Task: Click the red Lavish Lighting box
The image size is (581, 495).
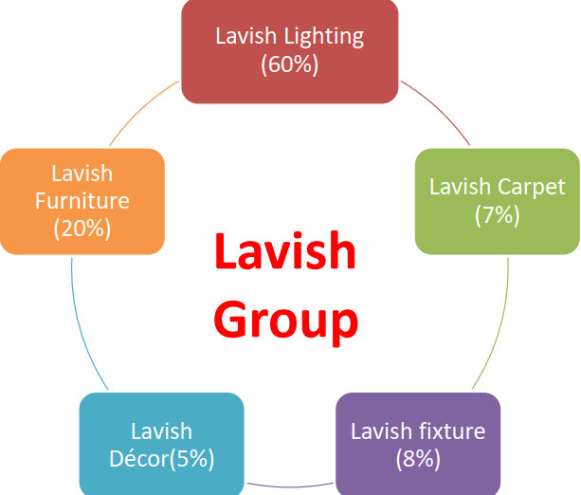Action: tap(289, 51)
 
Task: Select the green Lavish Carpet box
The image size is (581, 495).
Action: tap(497, 200)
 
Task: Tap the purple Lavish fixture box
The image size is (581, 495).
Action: tap(418, 444)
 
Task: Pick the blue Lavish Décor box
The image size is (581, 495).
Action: tap(161, 444)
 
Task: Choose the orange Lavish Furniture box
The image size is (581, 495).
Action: tap(82, 200)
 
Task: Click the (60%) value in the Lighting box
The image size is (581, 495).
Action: tap(289, 64)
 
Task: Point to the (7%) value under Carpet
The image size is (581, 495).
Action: tap(497, 214)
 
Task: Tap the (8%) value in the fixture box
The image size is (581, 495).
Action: tap(418, 459)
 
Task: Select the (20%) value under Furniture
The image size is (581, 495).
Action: tap(82, 228)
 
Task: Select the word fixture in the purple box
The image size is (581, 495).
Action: tap(451, 431)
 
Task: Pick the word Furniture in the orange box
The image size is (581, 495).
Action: tap(82, 201)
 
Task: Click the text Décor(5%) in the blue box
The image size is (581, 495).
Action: tap(161, 459)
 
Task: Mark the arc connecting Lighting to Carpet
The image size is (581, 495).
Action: tap(438, 112)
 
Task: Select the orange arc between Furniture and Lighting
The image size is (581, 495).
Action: tap(142, 112)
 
